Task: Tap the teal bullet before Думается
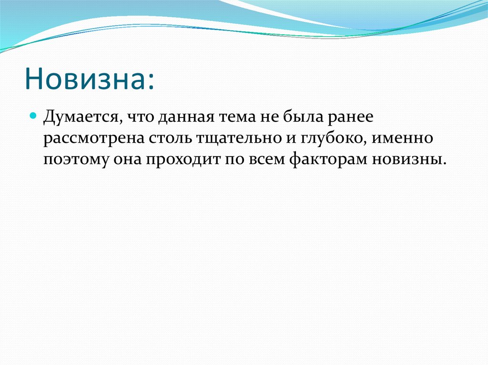(x=33, y=115)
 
